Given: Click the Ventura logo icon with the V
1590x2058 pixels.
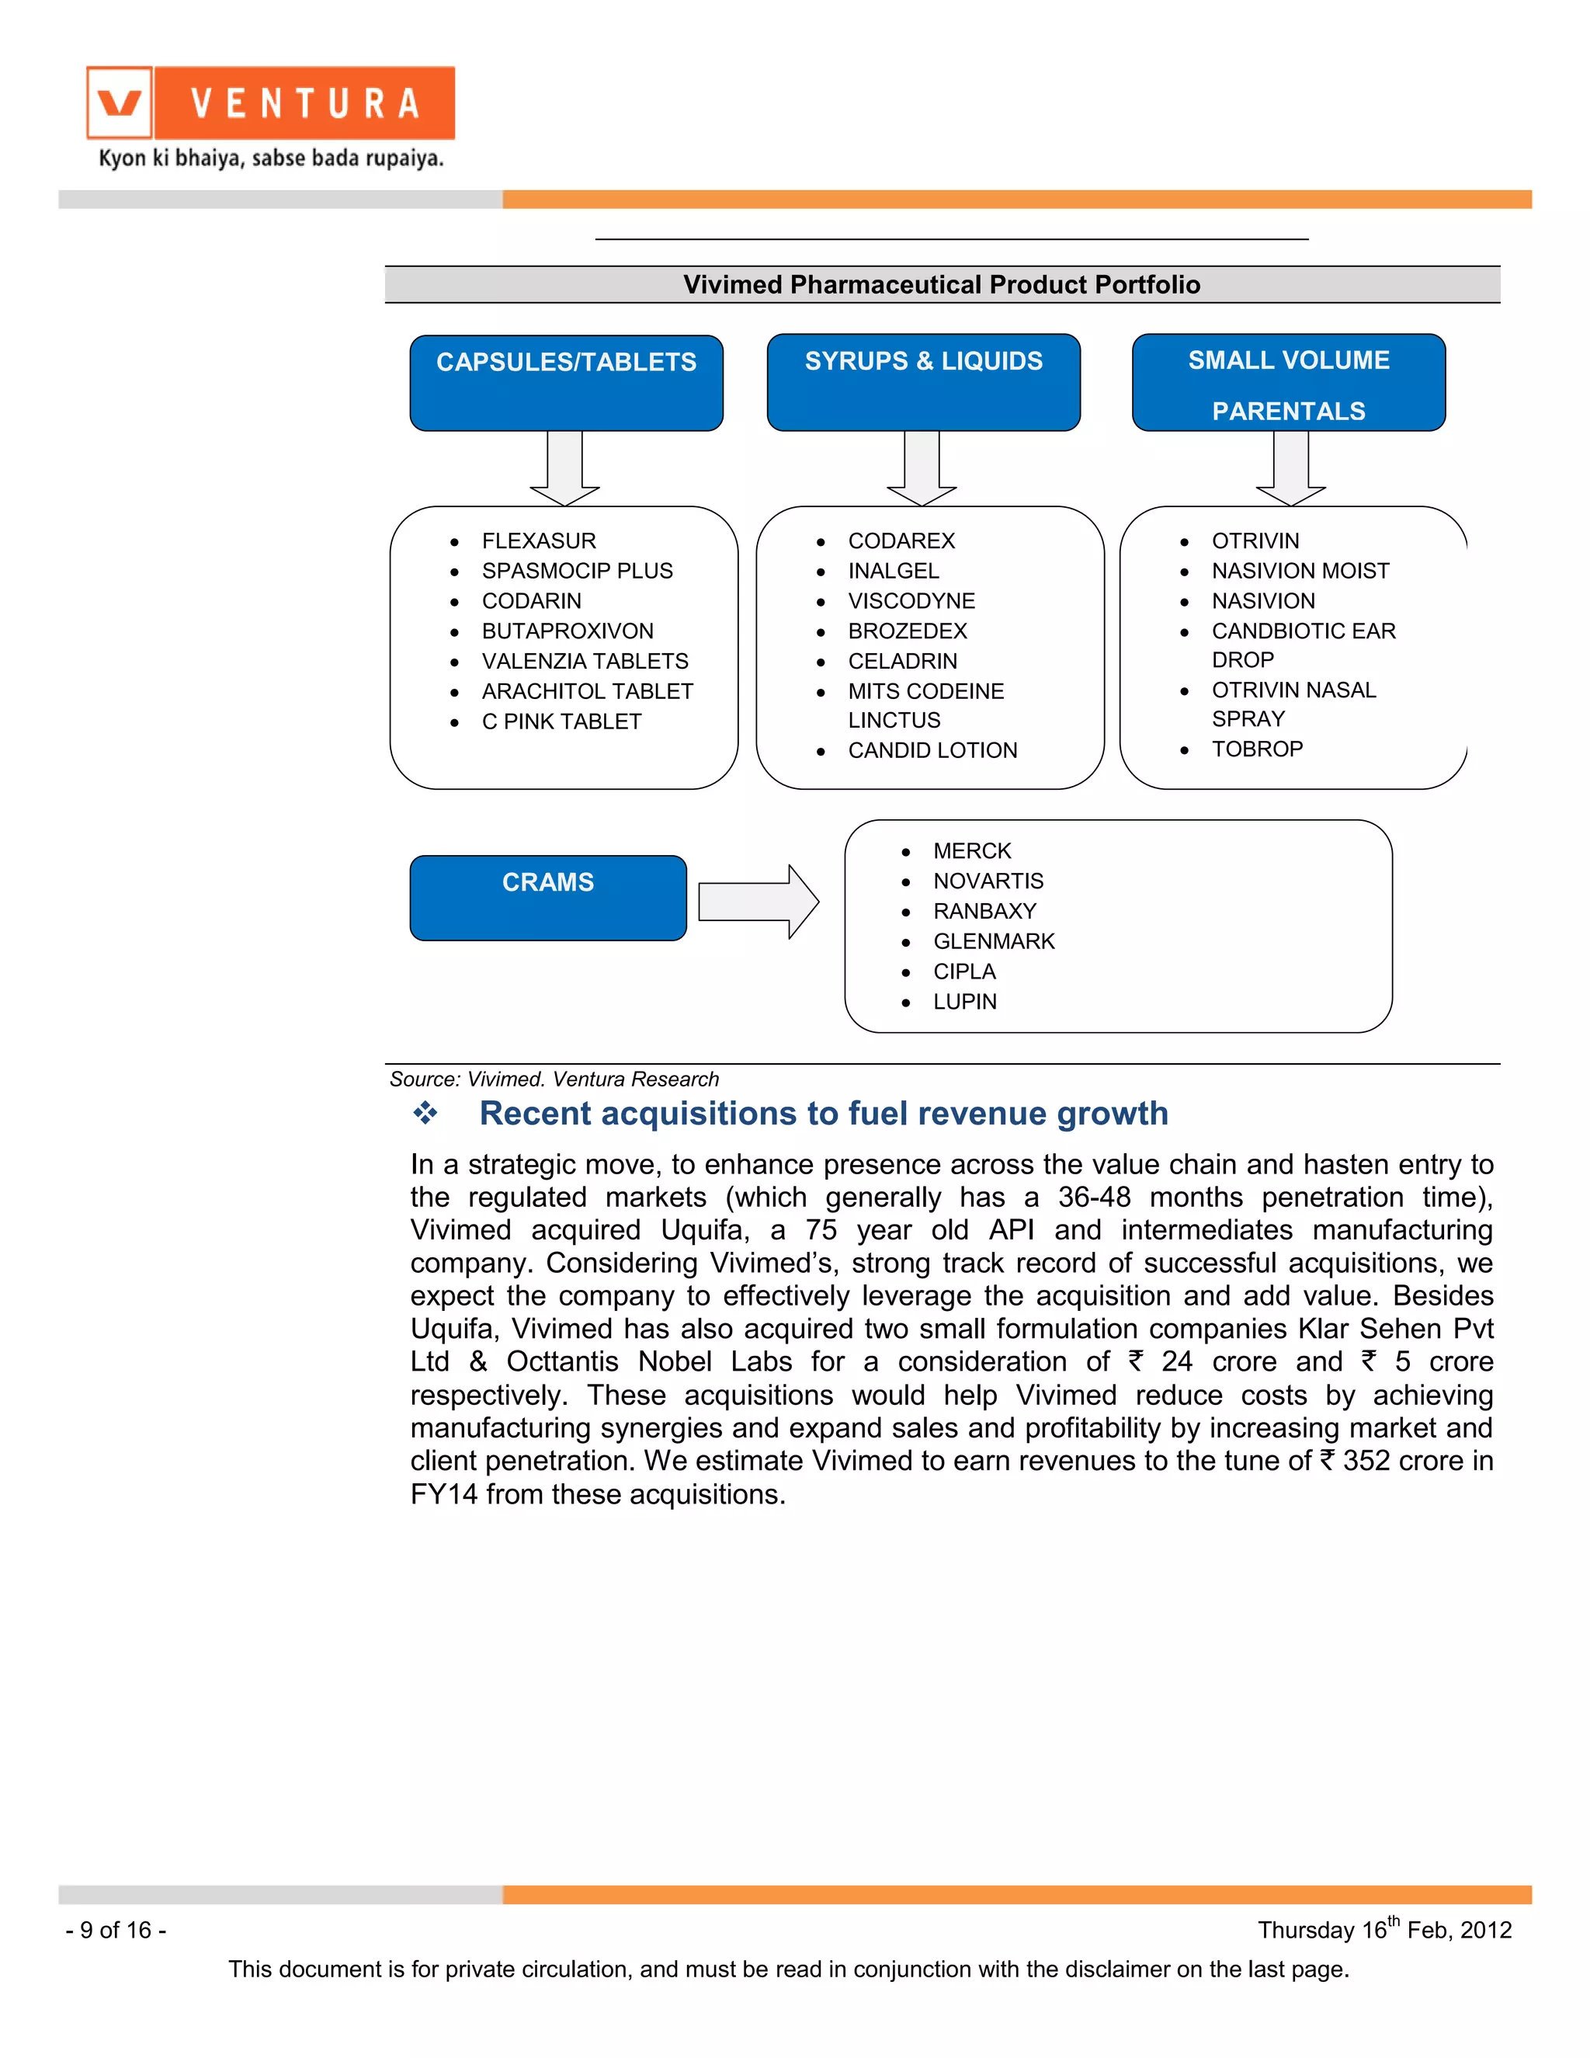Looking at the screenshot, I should [x=120, y=103].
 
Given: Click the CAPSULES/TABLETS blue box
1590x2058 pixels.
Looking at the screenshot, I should [x=566, y=383].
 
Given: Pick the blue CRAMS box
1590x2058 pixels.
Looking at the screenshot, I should [x=547, y=897].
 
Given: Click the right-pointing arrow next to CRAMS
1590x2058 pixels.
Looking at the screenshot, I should [x=759, y=902].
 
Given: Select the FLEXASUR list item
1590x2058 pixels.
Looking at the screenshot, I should [x=538, y=541].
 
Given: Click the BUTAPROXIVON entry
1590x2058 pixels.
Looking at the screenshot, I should [x=567, y=631].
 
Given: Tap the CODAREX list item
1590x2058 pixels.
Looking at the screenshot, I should [x=901, y=541].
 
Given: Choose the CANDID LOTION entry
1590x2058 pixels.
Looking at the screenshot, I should [x=932, y=750].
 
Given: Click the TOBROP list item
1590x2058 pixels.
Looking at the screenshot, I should [x=1257, y=749].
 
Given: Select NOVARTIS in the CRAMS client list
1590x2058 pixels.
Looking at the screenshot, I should [x=988, y=881].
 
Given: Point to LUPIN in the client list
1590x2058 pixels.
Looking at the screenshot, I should [x=964, y=1002].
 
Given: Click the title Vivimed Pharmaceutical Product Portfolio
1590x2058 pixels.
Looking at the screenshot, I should [x=941, y=284].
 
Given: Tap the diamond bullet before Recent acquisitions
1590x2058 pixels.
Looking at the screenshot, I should [x=425, y=1113].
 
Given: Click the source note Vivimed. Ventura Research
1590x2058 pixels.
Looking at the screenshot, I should [x=554, y=1079].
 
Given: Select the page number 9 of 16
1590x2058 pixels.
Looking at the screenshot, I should [x=116, y=1930].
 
